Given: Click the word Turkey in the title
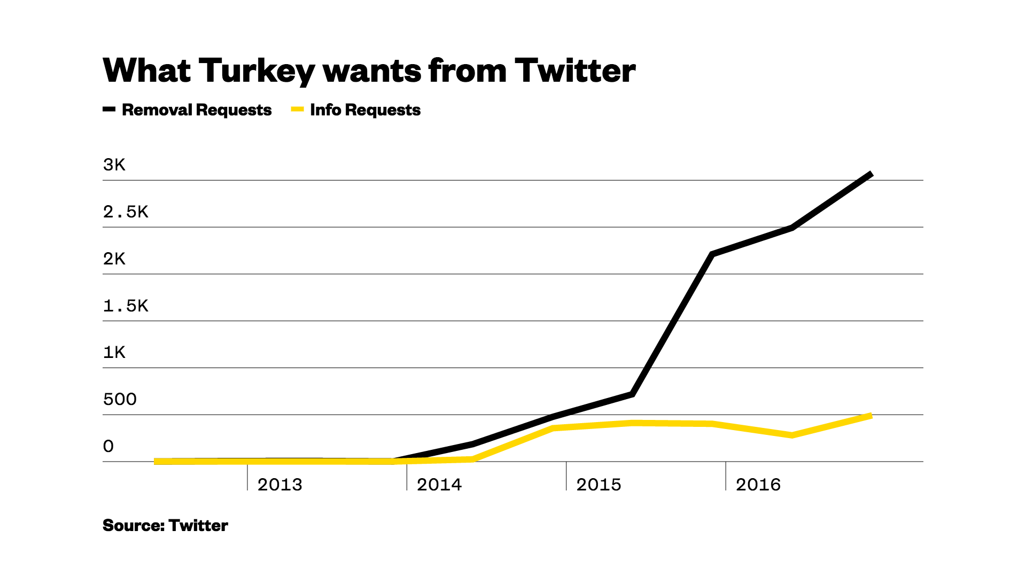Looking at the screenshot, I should (256, 71).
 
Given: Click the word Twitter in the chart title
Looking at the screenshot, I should (575, 71).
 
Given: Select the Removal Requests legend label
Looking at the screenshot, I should (197, 110).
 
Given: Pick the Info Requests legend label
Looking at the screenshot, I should (365, 110).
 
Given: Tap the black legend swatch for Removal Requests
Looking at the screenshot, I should (109, 110).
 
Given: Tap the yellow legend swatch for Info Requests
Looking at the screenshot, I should (297, 110).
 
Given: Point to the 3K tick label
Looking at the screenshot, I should (114, 165).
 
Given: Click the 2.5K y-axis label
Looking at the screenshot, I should (126, 212).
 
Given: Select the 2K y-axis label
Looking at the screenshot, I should (114, 259).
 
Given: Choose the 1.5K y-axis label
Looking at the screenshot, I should (126, 306).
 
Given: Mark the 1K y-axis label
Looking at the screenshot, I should (114, 353).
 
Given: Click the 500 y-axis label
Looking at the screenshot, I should (120, 400).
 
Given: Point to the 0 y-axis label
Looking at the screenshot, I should (108, 447).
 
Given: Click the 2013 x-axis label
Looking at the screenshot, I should (279, 485).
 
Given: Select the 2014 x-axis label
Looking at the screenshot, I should (439, 485).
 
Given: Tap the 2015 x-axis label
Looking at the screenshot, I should (598, 485).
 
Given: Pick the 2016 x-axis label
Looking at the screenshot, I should (758, 485).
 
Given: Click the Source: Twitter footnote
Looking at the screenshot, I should (165, 526).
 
